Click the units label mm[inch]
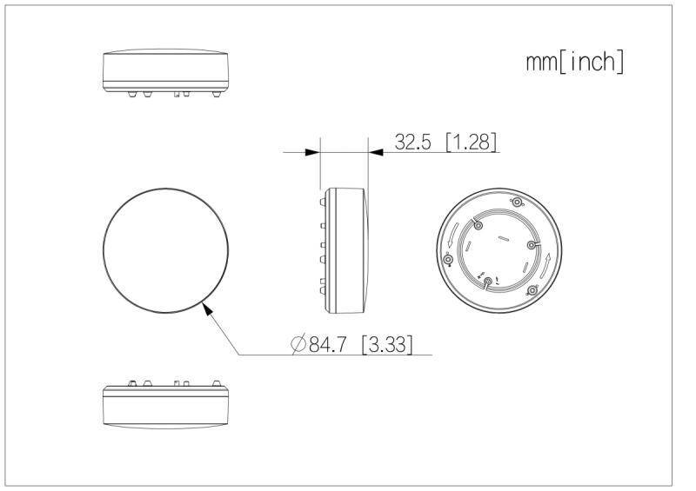(x=575, y=63)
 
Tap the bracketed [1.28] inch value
(x=471, y=143)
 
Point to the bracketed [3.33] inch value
(x=386, y=344)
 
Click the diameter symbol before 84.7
(x=298, y=345)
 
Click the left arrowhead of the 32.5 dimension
(x=313, y=152)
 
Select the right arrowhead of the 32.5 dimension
(x=376, y=152)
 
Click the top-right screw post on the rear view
(x=517, y=202)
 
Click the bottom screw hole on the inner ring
(x=487, y=281)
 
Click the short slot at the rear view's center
(x=502, y=236)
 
